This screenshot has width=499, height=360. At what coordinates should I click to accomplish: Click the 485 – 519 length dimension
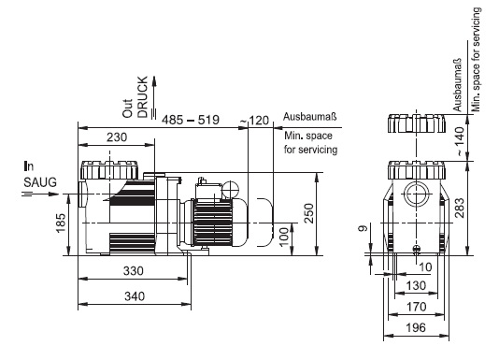[191, 120]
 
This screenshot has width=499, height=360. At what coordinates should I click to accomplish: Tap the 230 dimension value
[117, 137]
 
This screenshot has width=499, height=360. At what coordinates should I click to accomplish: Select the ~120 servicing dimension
[254, 121]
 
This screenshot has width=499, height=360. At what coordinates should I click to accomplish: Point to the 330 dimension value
[134, 271]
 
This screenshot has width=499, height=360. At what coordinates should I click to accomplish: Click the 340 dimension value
[135, 296]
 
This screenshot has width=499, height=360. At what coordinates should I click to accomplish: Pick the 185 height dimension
[61, 223]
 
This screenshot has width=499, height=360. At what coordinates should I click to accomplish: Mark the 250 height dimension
[308, 213]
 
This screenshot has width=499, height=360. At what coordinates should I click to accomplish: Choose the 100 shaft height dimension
[284, 237]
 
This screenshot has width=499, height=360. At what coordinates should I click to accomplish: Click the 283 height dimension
[459, 208]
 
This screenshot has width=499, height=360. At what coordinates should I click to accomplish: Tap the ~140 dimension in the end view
[460, 141]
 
